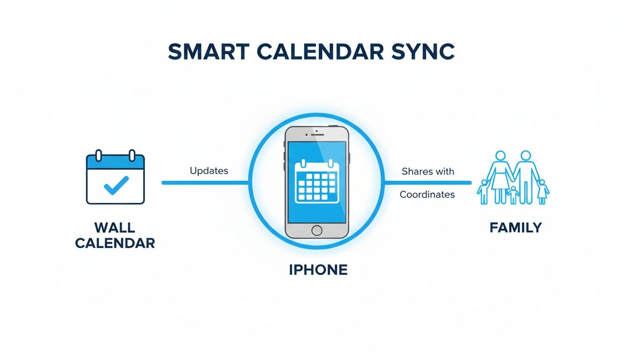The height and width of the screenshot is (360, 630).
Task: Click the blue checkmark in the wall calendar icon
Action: click(x=115, y=185)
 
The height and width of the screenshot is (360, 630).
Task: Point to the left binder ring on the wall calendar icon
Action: click(x=98, y=155)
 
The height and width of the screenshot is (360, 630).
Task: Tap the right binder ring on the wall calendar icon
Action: click(x=132, y=155)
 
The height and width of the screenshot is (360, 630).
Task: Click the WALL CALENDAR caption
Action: click(x=115, y=235)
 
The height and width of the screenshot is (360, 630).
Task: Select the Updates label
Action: click(x=209, y=171)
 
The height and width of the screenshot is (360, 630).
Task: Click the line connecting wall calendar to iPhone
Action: click(x=205, y=182)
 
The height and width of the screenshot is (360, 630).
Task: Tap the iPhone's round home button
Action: click(x=317, y=230)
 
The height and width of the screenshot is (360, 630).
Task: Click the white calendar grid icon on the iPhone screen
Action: click(x=316, y=182)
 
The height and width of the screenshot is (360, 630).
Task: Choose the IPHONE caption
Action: click(x=318, y=270)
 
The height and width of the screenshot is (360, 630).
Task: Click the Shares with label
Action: click(x=427, y=172)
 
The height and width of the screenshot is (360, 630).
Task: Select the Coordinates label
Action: click(x=427, y=195)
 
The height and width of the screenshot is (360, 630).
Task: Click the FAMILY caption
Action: click(x=516, y=228)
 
